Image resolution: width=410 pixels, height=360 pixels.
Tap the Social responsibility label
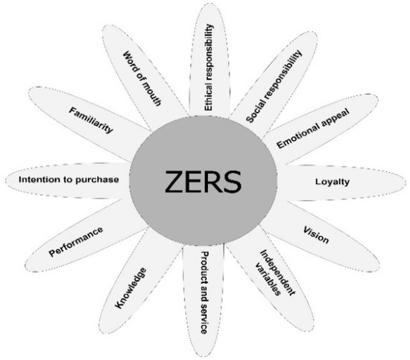pos(275,86)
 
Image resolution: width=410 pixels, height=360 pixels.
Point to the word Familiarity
pos(92,119)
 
